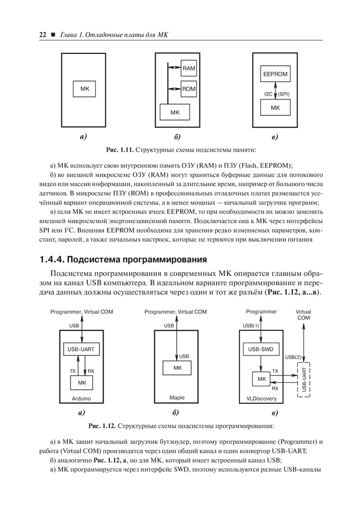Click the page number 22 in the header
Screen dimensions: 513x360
[x=43, y=35]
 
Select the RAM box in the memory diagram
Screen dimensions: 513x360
[x=189, y=68]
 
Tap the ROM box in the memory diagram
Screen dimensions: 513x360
[x=189, y=89]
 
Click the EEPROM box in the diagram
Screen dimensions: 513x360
[x=275, y=74]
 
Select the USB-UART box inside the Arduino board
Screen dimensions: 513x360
[x=82, y=349]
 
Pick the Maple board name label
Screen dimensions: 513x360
[x=176, y=398]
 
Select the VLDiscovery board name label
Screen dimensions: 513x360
[x=262, y=398]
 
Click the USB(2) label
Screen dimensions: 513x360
[x=293, y=357]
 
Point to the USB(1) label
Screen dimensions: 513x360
[x=251, y=325]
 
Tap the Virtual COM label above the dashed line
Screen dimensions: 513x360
[x=304, y=314]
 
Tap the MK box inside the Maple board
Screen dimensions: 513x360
[x=177, y=367]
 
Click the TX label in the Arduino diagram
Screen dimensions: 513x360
[x=72, y=370]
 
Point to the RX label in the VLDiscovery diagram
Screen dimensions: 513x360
[x=275, y=388]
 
